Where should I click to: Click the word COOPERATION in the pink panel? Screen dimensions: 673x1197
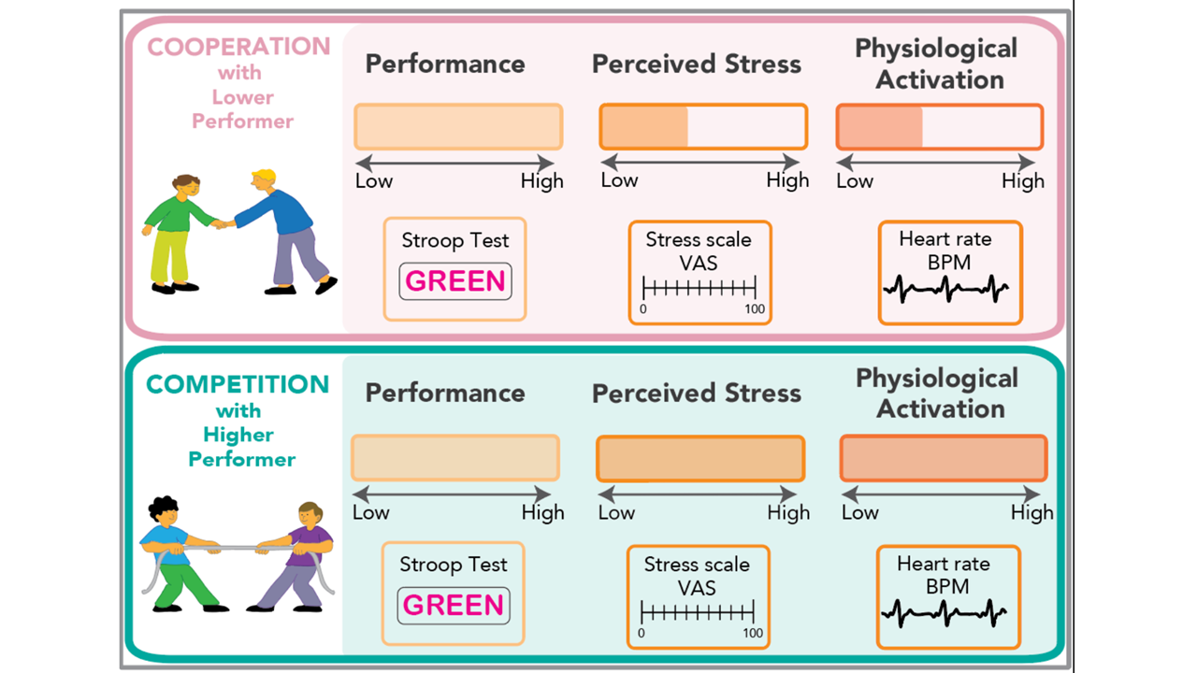239,47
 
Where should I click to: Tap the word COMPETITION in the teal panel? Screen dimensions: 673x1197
238,384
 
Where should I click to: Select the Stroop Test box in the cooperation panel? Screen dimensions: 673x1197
455,269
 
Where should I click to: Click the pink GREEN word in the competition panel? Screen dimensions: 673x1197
454,605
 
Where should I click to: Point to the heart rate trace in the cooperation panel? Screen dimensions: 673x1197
945,289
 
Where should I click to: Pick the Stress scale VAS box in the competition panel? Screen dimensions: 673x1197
698,596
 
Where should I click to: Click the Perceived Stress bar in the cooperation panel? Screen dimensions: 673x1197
702,127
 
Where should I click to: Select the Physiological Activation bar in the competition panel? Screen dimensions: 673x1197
944,458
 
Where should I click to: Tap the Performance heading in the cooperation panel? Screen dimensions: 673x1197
445,64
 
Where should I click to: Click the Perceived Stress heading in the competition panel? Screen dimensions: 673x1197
697,394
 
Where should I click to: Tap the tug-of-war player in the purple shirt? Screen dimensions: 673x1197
298,557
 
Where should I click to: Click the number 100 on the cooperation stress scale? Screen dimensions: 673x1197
754,309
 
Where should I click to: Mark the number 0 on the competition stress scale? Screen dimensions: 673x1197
642,633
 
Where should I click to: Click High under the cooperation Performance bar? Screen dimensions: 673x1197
542,181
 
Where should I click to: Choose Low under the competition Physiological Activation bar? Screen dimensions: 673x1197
859,512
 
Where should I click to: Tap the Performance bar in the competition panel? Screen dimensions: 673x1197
455,458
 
